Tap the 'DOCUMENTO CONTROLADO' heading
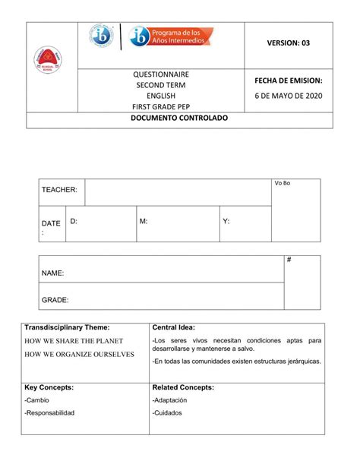coord(179,121)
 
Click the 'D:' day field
coord(74,220)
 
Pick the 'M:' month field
coord(144,220)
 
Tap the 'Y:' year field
coord(226,220)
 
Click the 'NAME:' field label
coord(52,272)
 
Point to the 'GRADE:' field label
coord(55,299)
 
